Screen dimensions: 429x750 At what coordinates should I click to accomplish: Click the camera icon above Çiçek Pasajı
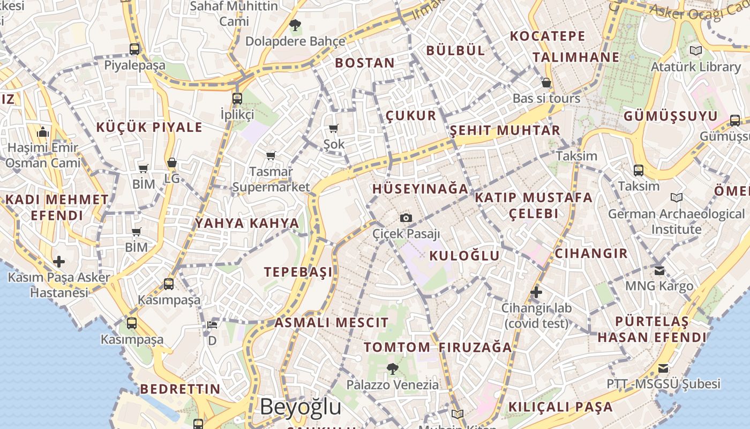(406, 218)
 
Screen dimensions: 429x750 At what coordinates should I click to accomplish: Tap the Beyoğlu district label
(300, 407)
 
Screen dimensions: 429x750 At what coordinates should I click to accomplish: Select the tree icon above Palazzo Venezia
(393, 368)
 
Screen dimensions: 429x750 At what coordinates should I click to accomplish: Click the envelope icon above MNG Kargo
(659, 270)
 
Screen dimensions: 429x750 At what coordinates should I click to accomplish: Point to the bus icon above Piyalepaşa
(134, 49)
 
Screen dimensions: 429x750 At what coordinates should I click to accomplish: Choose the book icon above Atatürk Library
(696, 51)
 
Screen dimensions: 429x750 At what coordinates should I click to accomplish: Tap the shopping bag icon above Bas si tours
(546, 83)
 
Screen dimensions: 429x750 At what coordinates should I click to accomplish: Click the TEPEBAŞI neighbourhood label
(298, 272)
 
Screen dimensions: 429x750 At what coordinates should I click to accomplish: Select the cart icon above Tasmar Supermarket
(271, 156)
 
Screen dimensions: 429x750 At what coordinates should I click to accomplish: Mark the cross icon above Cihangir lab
(536, 292)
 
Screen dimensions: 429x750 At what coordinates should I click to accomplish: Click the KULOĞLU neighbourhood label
(464, 255)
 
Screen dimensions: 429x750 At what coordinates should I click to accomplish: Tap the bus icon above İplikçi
(237, 99)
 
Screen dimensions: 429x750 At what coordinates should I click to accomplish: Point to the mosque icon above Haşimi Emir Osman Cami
(43, 132)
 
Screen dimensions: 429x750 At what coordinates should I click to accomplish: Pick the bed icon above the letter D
(212, 324)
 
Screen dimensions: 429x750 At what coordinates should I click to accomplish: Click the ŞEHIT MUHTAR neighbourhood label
(505, 130)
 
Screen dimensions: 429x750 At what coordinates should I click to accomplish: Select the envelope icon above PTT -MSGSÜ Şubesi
(663, 368)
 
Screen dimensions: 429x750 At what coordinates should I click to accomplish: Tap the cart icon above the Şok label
(334, 128)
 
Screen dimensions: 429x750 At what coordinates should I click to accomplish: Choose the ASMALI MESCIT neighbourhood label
(332, 323)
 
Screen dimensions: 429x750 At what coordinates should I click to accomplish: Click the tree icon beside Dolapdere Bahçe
(295, 25)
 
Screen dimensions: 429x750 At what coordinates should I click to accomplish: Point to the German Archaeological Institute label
(676, 221)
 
